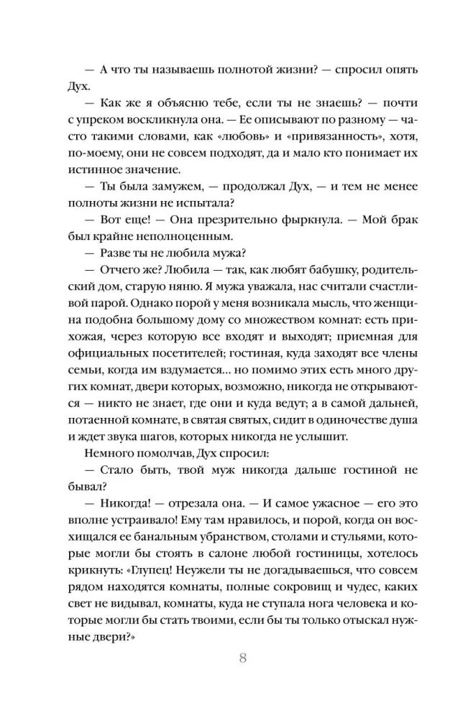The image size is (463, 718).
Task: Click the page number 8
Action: coord(242,658)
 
